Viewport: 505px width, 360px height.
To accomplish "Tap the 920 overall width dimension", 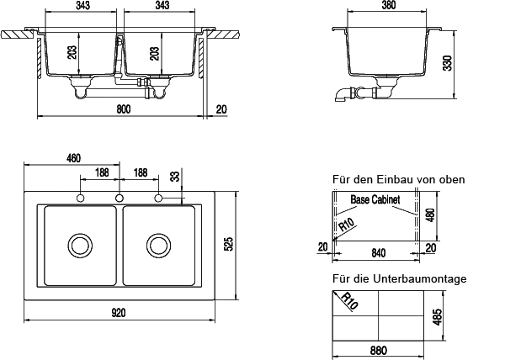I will [x=119, y=313].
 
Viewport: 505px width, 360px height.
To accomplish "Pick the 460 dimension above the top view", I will [x=73, y=158].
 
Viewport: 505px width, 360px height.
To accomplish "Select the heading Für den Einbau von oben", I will [x=398, y=179].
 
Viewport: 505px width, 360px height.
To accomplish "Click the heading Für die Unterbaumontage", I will [x=399, y=278].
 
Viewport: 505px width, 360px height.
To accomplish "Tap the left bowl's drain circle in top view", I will [x=81, y=245].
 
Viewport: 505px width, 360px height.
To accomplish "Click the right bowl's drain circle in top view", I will [x=157, y=245].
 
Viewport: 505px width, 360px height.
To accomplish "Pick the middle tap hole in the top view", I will [x=119, y=198].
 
